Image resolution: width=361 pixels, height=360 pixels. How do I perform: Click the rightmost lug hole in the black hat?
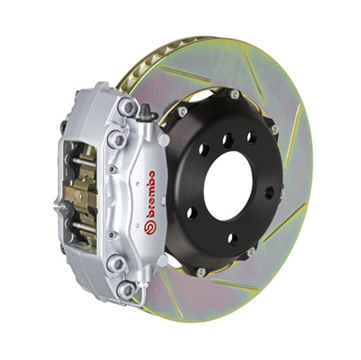[269, 192]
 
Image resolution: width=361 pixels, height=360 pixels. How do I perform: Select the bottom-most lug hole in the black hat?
[232, 238]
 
